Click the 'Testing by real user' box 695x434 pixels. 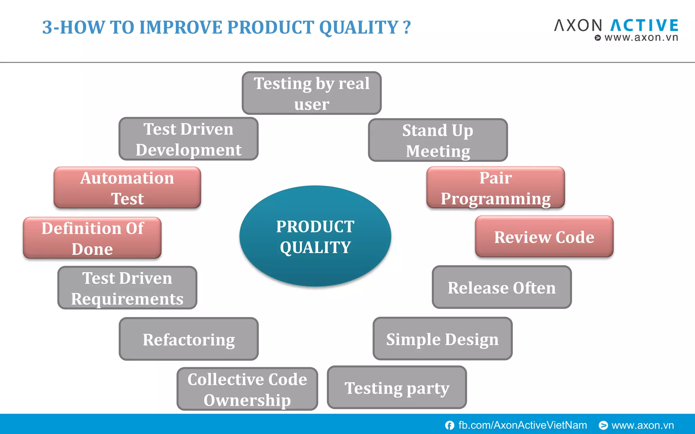click(x=312, y=93)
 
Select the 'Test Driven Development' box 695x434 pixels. click(x=188, y=139)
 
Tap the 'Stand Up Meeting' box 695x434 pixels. click(x=438, y=140)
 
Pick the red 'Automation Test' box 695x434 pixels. click(x=127, y=188)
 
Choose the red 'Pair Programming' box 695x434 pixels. click(x=495, y=188)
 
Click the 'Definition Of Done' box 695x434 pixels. click(x=92, y=238)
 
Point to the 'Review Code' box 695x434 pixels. click(x=544, y=237)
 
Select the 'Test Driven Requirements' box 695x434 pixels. click(x=127, y=288)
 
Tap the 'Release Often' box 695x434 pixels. click(x=502, y=287)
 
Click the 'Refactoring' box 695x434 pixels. click(x=189, y=339)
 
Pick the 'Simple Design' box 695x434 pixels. click(x=443, y=339)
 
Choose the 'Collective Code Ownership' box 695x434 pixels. click(x=247, y=389)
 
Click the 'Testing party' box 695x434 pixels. click(x=397, y=388)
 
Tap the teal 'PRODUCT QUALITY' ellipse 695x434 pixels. click(x=315, y=236)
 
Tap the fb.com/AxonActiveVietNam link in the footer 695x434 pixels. click(x=522, y=425)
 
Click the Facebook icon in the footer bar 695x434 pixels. click(x=450, y=425)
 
